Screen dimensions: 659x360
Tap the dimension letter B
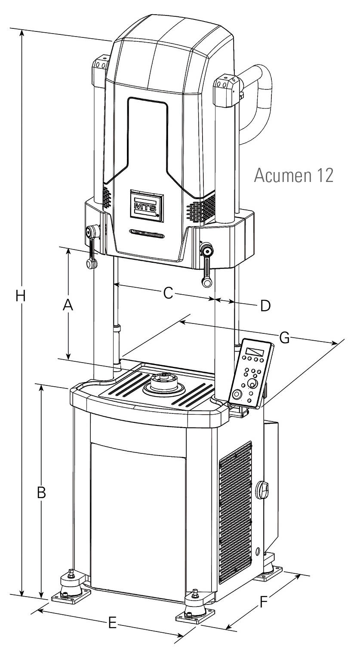(41, 493)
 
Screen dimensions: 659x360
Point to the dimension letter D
(265, 305)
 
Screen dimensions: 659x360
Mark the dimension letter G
(284, 338)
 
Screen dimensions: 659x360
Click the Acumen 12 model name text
(293, 176)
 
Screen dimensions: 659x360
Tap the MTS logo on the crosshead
(146, 206)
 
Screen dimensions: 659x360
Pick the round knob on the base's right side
(262, 490)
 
